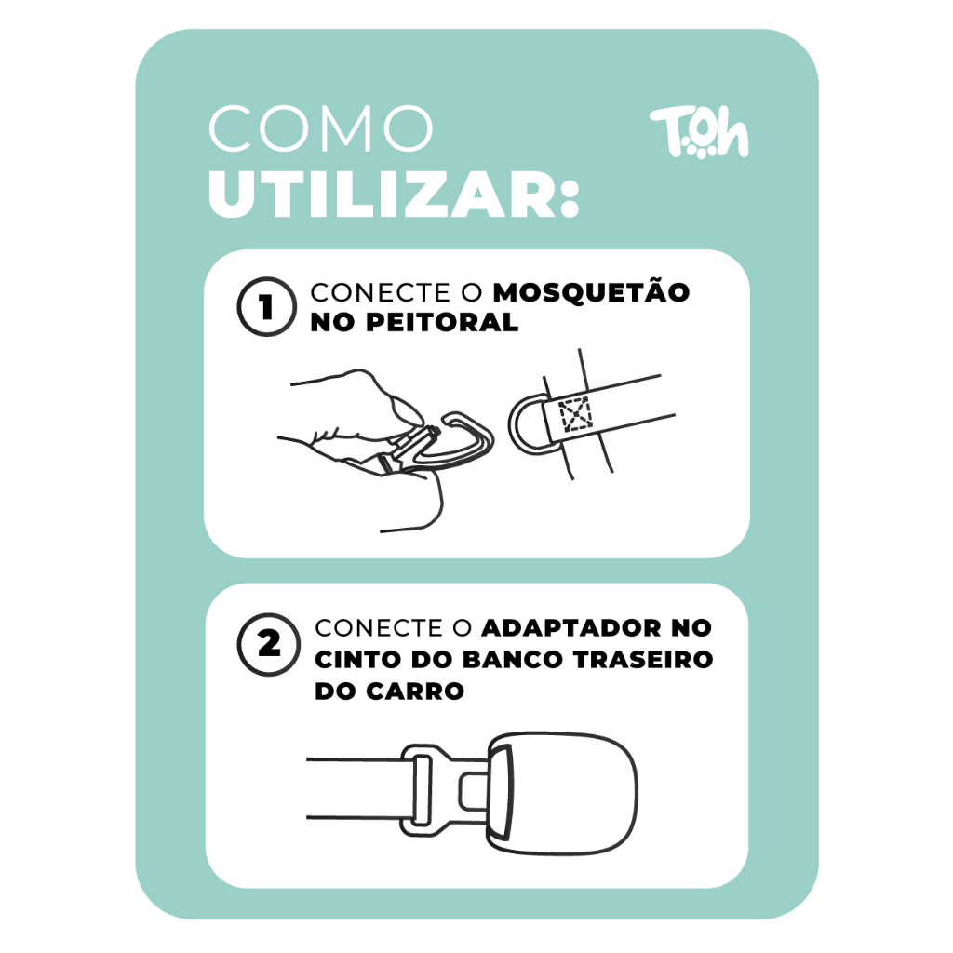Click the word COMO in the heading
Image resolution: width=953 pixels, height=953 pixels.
[x=320, y=128]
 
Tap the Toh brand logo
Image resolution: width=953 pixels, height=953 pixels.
[x=700, y=132]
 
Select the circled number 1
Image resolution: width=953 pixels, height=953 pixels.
[x=266, y=306]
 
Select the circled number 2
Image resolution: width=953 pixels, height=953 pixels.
[x=268, y=644]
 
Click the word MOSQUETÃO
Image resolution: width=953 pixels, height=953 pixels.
[x=591, y=292]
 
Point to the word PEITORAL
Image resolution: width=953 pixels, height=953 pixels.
[x=442, y=323]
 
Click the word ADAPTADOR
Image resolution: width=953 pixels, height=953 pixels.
[x=570, y=628]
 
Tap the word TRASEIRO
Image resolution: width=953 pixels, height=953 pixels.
[x=643, y=660]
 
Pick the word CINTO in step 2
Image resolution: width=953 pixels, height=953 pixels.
[x=358, y=660]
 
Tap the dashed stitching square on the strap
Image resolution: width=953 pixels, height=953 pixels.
[x=575, y=414]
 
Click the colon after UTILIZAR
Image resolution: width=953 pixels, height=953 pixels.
[x=569, y=195]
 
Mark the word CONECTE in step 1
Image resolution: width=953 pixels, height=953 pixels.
[x=380, y=293]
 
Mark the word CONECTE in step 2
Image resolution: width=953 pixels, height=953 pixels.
[x=379, y=628]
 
